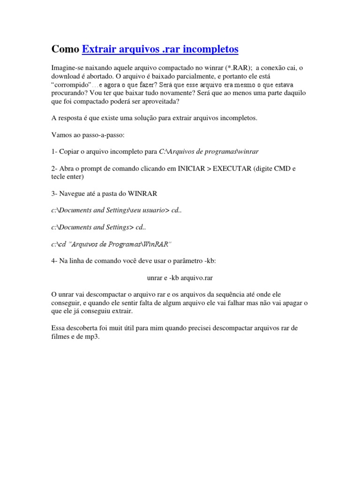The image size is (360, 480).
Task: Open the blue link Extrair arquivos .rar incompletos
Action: pyautogui.click(x=160, y=49)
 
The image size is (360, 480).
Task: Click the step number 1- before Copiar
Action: pyautogui.click(x=54, y=151)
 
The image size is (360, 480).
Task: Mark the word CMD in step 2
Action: pyautogui.click(x=284, y=169)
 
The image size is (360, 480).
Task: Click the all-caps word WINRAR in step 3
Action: pyautogui.click(x=142, y=194)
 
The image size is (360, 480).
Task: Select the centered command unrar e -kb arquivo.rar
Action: pyautogui.click(x=180, y=277)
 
